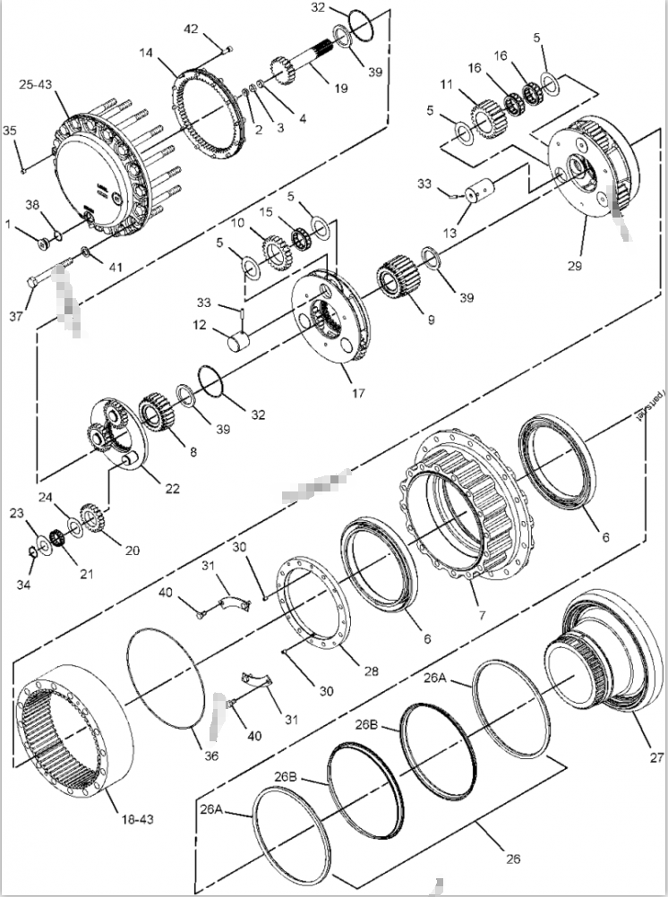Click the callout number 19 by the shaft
340,90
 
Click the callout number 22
171,489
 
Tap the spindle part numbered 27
600,657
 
